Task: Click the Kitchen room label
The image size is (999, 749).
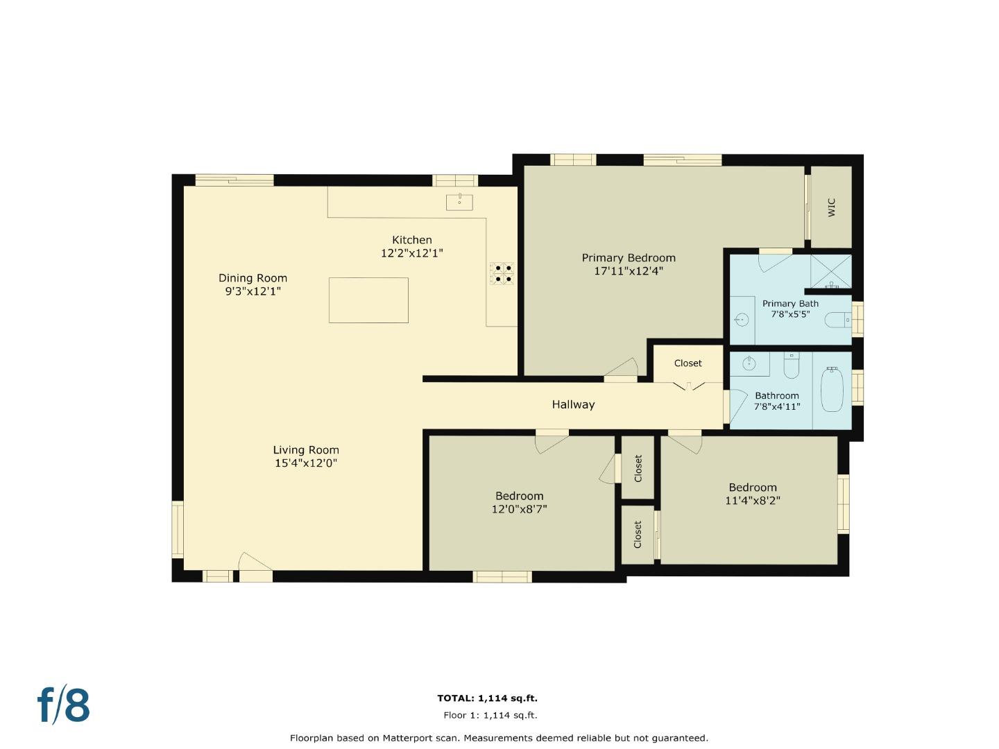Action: point(412,240)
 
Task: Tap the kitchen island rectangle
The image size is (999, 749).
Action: point(368,300)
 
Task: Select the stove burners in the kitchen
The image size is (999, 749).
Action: point(502,273)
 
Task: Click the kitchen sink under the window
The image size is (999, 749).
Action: point(459,202)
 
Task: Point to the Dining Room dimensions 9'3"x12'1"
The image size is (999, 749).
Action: point(253,291)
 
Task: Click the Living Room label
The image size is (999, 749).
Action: point(306,449)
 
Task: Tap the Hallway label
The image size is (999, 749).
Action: point(573,404)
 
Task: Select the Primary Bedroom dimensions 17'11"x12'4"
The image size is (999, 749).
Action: point(629,271)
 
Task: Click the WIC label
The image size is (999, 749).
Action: point(831,207)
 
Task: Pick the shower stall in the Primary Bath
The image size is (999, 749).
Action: point(831,272)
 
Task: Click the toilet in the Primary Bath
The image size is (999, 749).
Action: point(836,320)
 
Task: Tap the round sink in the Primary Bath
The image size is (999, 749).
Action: point(742,320)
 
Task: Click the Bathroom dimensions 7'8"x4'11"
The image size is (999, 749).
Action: point(777,406)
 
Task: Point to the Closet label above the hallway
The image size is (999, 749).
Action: point(688,363)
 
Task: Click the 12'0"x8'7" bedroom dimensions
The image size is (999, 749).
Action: point(520,509)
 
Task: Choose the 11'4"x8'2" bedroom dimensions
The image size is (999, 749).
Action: point(753,500)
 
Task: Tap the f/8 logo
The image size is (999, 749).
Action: point(64,705)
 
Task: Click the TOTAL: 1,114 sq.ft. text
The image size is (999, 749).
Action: point(487,698)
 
